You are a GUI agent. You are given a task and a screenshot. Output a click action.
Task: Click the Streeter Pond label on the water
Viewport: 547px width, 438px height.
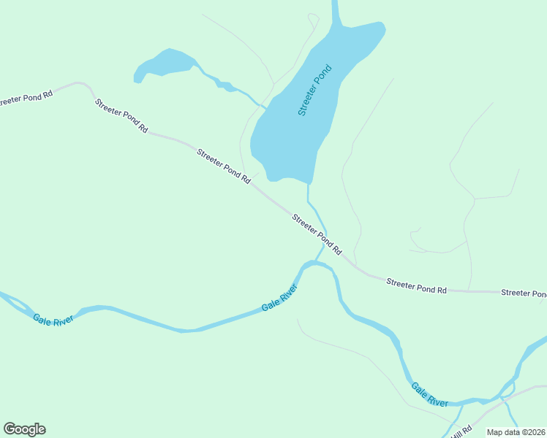[315, 91]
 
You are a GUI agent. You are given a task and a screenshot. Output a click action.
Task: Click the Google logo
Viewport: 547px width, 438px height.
[24, 429]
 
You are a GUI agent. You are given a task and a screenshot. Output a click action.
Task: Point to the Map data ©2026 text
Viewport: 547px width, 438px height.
[516, 432]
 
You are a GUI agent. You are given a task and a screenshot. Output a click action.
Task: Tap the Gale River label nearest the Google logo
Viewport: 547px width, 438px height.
[53, 320]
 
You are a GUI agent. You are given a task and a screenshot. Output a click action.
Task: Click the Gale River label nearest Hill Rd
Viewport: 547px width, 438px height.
[429, 394]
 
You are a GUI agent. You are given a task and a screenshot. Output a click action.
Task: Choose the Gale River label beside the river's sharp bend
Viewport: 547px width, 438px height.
[280, 298]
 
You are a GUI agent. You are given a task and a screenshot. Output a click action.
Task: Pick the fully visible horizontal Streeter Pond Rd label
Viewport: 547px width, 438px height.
[416, 285]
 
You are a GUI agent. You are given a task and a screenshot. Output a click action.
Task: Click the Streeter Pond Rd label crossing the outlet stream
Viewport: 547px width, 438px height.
[317, 234]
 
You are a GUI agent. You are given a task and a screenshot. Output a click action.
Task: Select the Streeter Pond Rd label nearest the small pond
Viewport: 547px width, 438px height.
[121, 115]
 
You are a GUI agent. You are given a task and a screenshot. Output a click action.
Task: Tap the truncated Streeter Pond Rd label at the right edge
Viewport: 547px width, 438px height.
[524, 293]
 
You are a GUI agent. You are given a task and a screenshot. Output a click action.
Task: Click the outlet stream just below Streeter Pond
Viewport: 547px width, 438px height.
[310, 197]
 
